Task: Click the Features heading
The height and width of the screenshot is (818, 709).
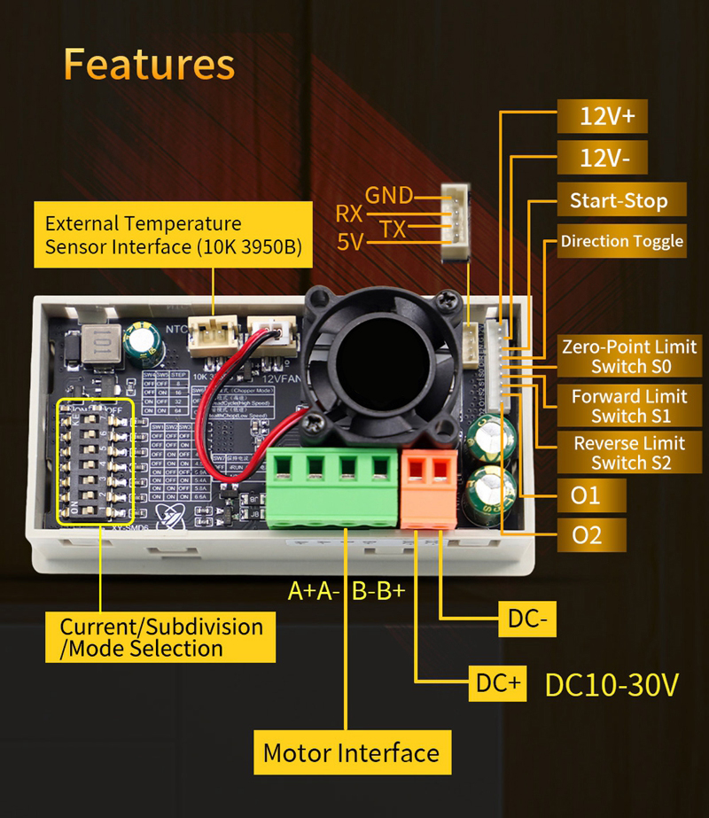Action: [x=149, y=66]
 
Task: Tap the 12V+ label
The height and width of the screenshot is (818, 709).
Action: [x=601, y=117]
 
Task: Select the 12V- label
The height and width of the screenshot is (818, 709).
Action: [x=601, y=160]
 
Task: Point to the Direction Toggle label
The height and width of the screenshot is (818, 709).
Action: [x=622, y=241]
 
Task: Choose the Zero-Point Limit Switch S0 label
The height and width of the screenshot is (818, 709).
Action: [x=629, y=356]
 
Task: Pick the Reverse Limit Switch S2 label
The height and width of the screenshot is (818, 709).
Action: [x=629, y=453]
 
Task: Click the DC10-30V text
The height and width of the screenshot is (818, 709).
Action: [x=612, y=685]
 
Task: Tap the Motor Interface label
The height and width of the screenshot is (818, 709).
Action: [x=351, y=753]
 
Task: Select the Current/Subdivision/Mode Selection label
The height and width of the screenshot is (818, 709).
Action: [x=162, y=638]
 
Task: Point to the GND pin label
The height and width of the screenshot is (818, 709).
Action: [x=389, y=195]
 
